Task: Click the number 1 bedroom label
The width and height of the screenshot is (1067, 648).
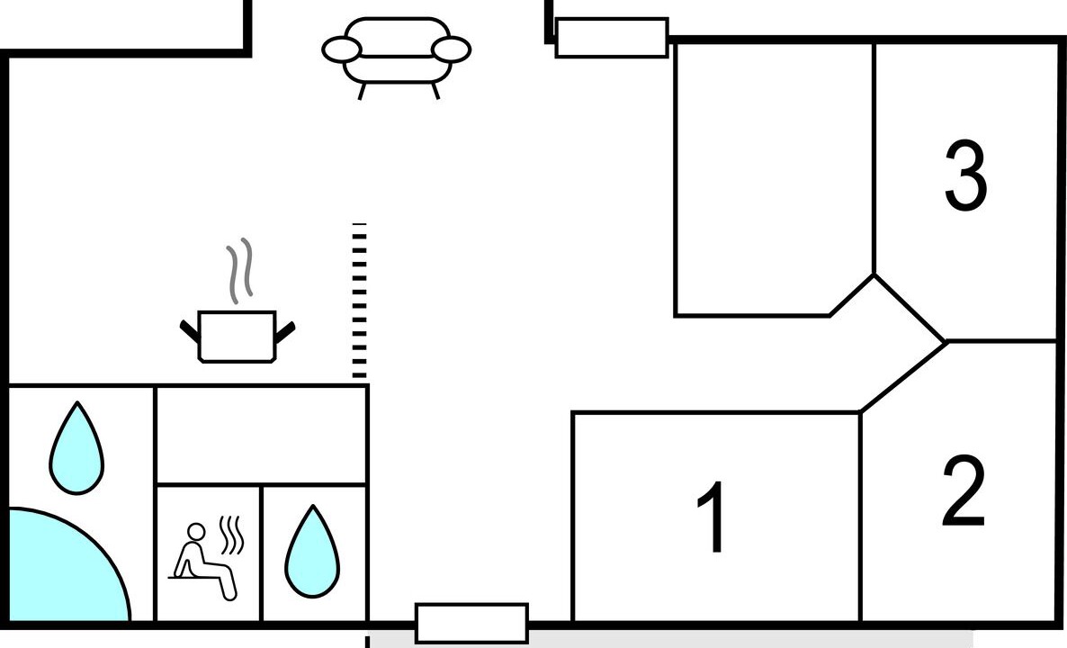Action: pos(713,517)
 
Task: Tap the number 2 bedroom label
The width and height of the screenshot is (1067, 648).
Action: pos(964,490)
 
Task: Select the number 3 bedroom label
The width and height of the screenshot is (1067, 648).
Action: pos(966,175)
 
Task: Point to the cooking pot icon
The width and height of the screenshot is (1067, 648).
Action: pos(237,337)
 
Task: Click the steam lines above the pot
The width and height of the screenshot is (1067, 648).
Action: pos(239,271)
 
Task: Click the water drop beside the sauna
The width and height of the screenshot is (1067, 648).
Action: pos(312,552)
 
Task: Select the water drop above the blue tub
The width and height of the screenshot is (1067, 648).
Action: pos(76,448)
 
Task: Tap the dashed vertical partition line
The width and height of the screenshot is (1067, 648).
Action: pos(359,301)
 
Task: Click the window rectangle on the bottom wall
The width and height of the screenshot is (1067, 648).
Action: pos(471,623)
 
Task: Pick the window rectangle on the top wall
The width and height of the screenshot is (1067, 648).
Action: pos(612,38)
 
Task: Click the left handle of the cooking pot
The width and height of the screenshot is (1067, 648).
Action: pos(190,331)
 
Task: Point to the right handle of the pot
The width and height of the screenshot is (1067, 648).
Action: pos(285,331)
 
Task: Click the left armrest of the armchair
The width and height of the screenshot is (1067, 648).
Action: pos(342,49)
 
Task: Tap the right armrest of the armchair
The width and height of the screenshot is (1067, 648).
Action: pos(451,49)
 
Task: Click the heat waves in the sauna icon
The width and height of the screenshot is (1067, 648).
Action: pos(231,535)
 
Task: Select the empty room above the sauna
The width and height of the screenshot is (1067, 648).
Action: pos(261,435)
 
